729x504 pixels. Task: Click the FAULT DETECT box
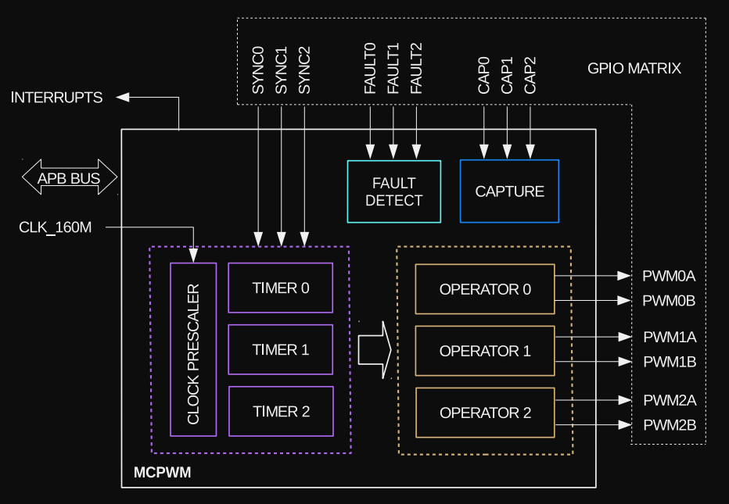(x=393, y=191)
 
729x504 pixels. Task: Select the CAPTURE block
(x=509, y=191)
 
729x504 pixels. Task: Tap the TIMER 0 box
(x=280, y=288)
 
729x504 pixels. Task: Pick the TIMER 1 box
(x=280, y=349)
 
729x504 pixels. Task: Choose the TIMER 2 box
(x=280, y=411)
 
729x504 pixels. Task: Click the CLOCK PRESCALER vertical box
(x=193, y=349)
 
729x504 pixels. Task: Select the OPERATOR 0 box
(x=485, y=289)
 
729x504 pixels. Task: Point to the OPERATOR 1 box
(x=485, y=351)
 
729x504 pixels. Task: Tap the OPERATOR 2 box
(x=485, y=413)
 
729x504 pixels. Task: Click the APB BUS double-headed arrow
(x=69, y=178)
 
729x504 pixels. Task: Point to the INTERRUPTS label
(x=56, y=98)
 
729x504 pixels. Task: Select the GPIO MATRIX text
(x=634, y=69)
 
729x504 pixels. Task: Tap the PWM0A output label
(x=669, y=276)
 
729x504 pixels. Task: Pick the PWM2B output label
(x=669, y=426)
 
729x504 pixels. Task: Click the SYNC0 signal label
(x=258, y=70)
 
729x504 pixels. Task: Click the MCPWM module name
(x=162, y=473)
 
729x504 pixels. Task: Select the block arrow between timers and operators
(x=374, y=349)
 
